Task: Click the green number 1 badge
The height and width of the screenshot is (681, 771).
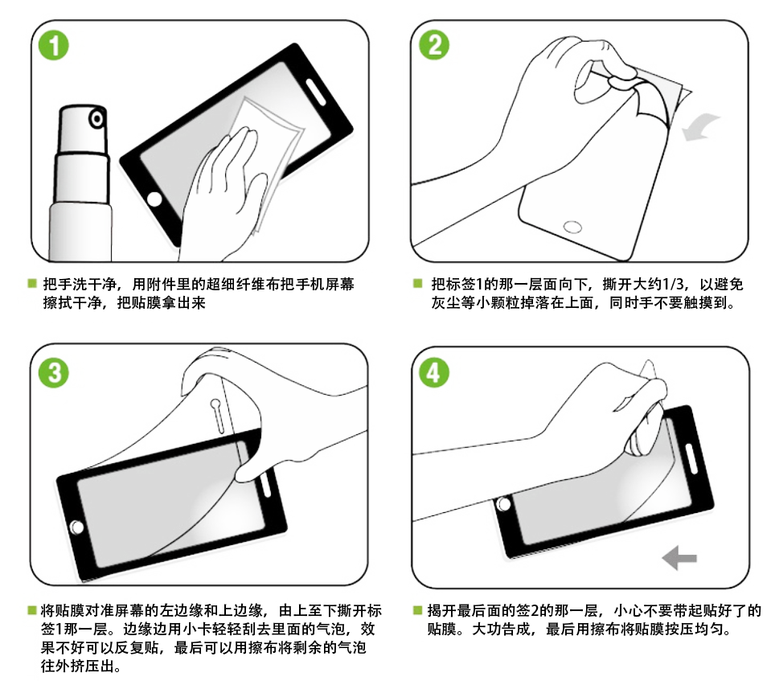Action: pyautogui.click(x=54, y=46)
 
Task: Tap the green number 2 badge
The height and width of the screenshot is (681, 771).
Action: pyautogui.click(x=434, y=45)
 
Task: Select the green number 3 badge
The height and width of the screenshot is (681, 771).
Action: pyautogui.click(x=54, y=372)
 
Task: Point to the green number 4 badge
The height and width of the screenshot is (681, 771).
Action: pyautogui.click(x=433, y=372)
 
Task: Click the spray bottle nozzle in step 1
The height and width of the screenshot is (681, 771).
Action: pyautogui.click(x=96, y=118)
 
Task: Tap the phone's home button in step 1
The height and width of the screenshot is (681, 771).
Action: pyautogui.click(x=154, y=199)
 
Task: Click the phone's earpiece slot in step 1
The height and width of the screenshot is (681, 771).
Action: pyautogui.click(x=316, y=92)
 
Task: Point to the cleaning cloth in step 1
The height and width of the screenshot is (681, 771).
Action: pyautogui.click(x=268, y=147)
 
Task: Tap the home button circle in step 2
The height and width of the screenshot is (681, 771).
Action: pyautogui.click(x=572, y=227)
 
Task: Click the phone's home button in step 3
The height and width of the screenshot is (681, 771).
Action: pyautogui.click(x=77, y=527)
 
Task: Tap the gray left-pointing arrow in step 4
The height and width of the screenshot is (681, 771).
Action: pyautogui.click(x=679, y=558)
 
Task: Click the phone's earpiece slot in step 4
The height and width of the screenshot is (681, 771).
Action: pyautogui.click(x=691, y=457)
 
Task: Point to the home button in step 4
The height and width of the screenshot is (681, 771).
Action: pyautogui.click(x=503, y=504)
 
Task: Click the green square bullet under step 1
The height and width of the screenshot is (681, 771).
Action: pyautogui.click(x=32, y=283)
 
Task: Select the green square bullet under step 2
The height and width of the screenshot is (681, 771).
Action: pyautogui.click(x=418, y=283)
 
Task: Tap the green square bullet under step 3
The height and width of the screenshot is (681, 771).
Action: pyautogui.click(x=32, y=610)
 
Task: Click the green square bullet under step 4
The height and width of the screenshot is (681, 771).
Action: pyautogui.click(x=418, y=610)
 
